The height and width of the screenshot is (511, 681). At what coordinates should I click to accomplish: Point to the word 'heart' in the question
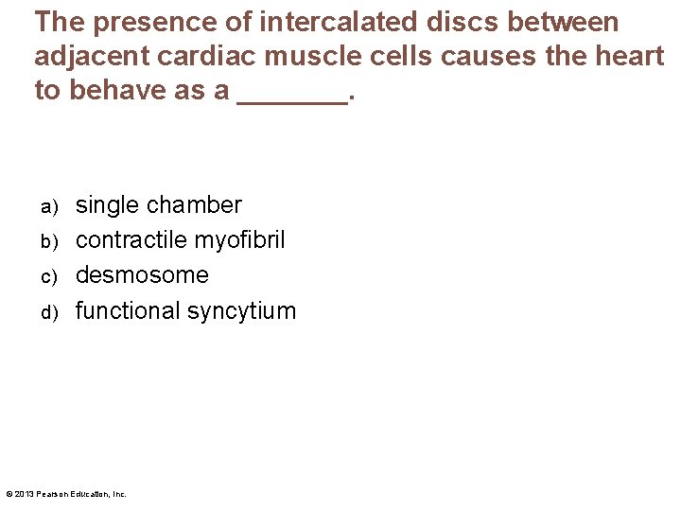625,57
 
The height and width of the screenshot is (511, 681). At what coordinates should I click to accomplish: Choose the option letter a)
49,206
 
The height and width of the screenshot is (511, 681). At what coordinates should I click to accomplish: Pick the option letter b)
49,241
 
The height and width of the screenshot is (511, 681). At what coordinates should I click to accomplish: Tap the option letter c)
49,276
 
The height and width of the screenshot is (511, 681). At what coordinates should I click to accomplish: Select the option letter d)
49,311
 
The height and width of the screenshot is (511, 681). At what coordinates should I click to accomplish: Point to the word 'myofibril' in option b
239,240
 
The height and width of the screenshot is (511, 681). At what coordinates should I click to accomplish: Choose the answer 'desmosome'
142,275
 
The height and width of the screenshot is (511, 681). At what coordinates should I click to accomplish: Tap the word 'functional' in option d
128,310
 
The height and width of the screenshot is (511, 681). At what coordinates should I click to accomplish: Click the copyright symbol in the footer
9,494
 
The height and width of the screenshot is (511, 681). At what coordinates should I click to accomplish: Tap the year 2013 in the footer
23,494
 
